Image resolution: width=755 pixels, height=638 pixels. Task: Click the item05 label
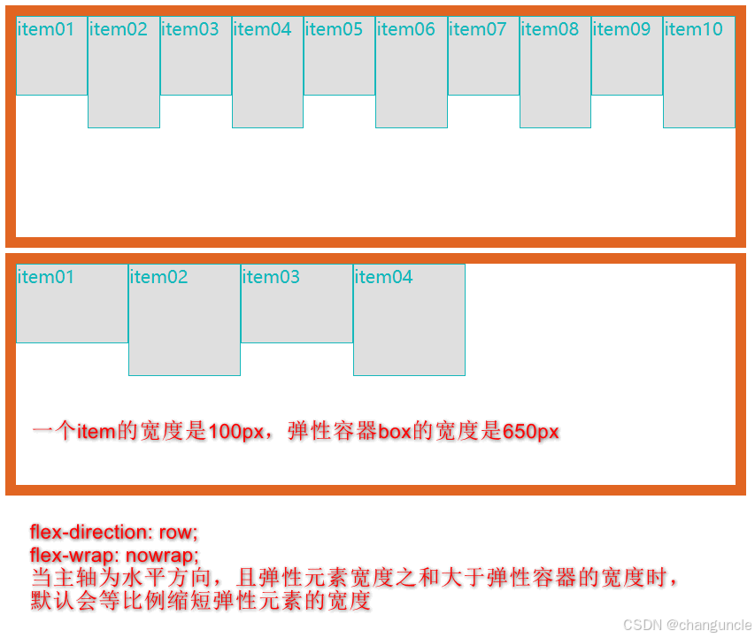click(x=334, y=29)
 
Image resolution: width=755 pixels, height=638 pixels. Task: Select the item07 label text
click(x=478, y=29)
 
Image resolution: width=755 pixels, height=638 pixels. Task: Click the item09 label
click(x=621, y=29)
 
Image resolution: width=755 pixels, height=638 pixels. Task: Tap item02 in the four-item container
click(x=184, y=319)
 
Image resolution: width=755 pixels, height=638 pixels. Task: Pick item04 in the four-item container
click(x=409, y=319)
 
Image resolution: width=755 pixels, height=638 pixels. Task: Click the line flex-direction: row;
click(x=114, y=533)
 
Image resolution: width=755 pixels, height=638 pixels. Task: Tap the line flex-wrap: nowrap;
click(x=114, y=556)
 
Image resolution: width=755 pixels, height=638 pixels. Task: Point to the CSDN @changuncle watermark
click(x=687, y=625)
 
